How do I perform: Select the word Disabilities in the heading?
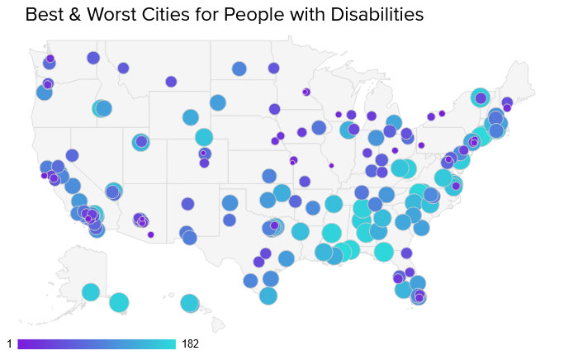(377, 15)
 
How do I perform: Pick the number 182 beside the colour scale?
(190, 343)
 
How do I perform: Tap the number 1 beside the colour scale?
(10, 343)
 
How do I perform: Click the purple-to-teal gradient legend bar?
(97, 344)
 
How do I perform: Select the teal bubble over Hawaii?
(189, 303)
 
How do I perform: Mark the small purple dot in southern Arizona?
(150, 234)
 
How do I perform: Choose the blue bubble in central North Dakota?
(239, 69)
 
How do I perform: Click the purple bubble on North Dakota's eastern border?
(273, 69)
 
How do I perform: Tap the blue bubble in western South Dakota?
(217, 102)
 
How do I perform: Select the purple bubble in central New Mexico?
(187, 203)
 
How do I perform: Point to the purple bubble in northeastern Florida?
(406, 253)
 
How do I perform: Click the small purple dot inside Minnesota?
(306, 92)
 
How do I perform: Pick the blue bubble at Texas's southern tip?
(268, 296)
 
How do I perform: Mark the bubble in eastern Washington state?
(93, 58)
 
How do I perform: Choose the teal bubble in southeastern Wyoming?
(204, 137)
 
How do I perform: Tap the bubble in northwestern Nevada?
(73, 155)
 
